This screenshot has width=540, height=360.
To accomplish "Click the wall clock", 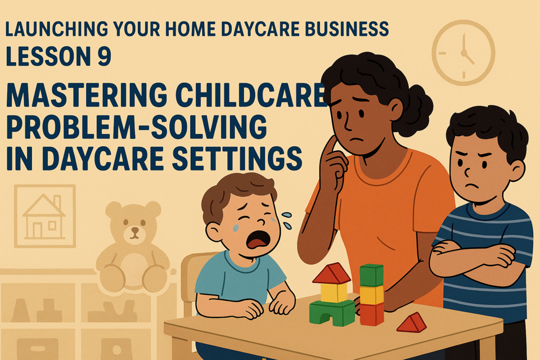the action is pos(463,52).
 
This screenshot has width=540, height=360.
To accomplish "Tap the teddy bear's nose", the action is pos(134,229).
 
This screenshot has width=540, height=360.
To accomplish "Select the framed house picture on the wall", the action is pos(45,216).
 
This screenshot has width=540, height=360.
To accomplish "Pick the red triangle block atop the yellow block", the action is pos(332,273).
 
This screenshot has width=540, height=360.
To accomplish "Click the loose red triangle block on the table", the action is pos(412,323).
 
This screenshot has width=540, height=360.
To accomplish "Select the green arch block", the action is pos(332,312).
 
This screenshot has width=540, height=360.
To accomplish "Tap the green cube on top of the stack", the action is pos(372,275).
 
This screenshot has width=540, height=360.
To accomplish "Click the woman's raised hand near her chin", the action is pos(332,162).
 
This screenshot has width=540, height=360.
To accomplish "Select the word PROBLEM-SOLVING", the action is pos(136,127).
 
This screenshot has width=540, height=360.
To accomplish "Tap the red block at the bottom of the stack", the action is pos(372,313).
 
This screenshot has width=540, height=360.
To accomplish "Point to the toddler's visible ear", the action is pos(214,232).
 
